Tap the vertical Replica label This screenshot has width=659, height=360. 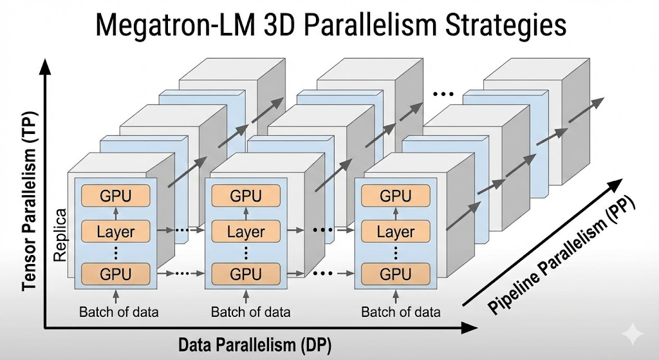(60, 234)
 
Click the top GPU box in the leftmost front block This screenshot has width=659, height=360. (116, 196)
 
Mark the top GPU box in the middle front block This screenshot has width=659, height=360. (246, 196)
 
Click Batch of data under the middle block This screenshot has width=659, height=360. (250, 312)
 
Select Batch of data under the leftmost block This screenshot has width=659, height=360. (119, 312)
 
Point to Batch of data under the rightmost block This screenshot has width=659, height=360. (401, 312)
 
